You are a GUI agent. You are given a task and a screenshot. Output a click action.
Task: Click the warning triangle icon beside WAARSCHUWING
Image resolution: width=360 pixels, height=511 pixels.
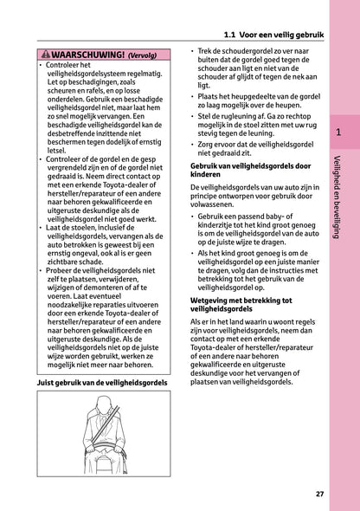click(46, 54)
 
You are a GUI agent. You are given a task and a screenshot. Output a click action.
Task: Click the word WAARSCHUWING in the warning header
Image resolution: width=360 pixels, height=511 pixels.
click(83, 54)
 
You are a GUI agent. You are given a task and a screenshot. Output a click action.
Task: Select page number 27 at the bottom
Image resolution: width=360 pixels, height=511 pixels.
click(319, 494)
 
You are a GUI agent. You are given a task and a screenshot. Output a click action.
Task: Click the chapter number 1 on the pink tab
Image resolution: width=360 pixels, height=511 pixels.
click(337, 133)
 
